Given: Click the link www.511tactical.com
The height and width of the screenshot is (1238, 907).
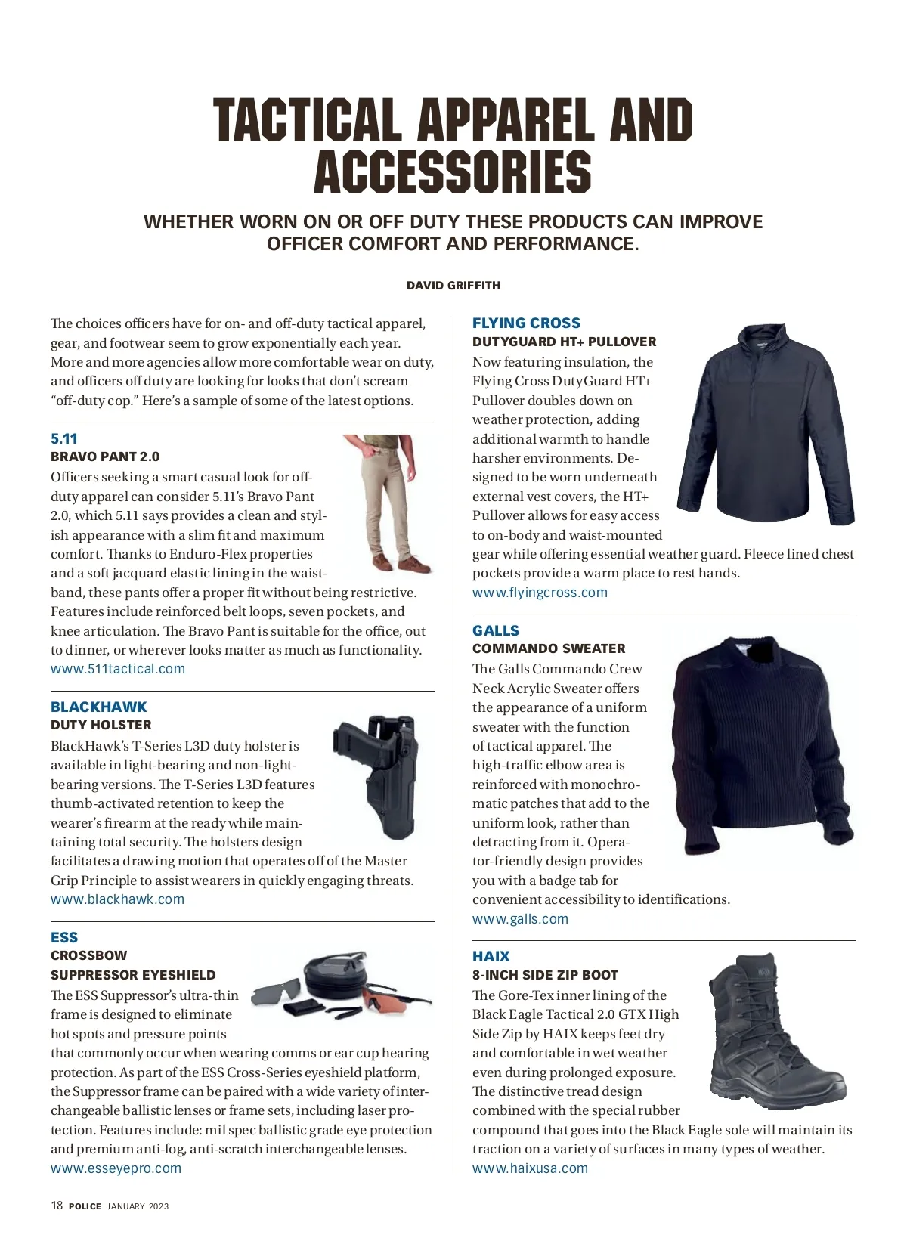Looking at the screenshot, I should pos(118,669).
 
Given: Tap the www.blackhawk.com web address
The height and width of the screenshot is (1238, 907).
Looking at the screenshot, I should pos(117,899).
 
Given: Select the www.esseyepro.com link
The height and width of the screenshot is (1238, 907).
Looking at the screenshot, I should pos(116,1168).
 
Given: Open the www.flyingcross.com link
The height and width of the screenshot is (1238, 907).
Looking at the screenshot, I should pos(540,593).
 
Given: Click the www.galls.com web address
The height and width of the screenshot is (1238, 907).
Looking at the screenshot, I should pos(520,919).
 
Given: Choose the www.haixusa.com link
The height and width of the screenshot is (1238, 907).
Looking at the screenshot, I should pos(530,1168).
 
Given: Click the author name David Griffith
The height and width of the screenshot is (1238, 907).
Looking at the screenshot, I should pos(453,286).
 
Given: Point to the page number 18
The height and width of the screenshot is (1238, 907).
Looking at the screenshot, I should pos(57,1206).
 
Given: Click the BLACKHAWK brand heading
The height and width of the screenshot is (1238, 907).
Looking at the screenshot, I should pos(99,707).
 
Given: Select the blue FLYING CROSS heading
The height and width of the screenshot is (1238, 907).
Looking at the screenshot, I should pos(526,323).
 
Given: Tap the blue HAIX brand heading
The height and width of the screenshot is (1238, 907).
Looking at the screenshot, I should pos(491,957).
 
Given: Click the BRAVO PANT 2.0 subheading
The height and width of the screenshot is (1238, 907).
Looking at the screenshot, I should pos(105,457).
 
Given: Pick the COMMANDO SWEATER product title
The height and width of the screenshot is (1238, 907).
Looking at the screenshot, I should pos(549,648).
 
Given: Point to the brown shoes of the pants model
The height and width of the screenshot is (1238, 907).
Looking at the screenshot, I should pos(401,564).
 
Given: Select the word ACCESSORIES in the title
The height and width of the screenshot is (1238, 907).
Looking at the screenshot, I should pos(453,173).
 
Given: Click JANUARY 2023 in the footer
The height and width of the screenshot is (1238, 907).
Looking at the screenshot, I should pos(138,1207).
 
